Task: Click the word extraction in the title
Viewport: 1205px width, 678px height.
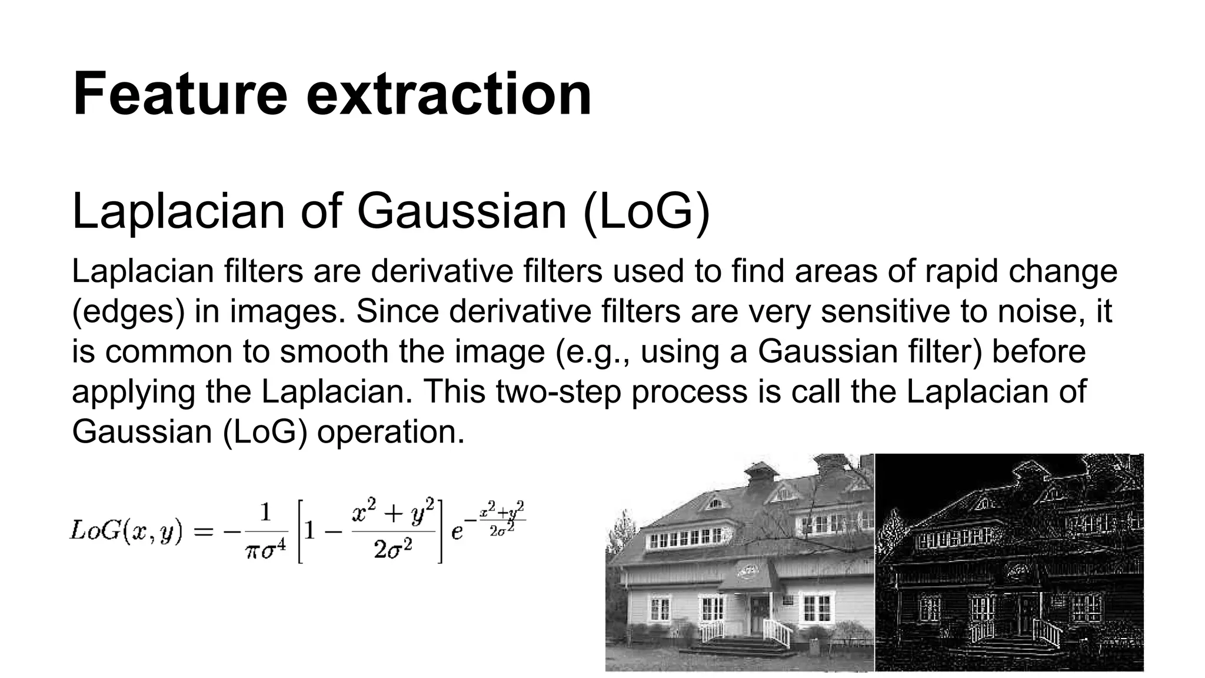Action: (448, 94)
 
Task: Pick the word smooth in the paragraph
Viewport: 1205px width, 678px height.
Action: (333, 351)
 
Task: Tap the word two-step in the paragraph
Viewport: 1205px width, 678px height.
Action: (558, 391)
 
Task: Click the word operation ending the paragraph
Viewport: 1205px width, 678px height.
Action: (391, 431)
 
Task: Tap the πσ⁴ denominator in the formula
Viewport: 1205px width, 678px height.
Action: (265, 553)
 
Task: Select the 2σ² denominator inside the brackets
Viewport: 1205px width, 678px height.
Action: (392, 550)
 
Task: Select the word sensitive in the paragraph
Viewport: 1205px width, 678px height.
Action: (885, 311)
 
